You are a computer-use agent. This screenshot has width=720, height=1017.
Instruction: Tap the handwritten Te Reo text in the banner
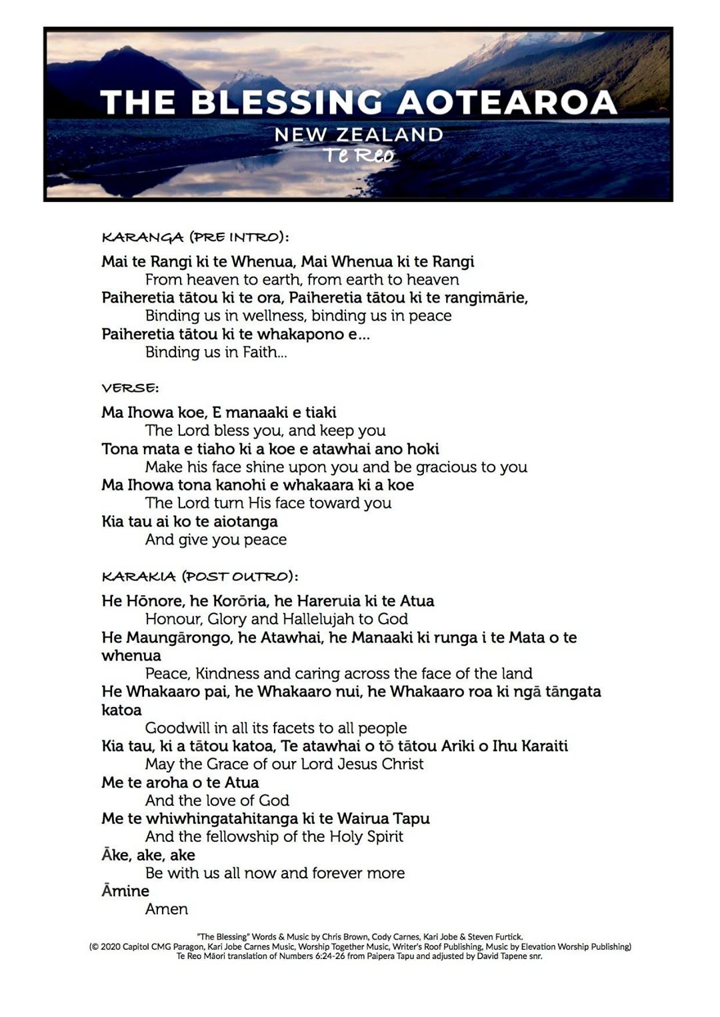pos(359,155)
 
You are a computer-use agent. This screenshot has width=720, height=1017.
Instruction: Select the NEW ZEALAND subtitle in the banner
pos(359,135)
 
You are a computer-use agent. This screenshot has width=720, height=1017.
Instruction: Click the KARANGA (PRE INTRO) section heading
pos(195,237)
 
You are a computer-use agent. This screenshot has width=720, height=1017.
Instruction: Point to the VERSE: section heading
pos(130,388)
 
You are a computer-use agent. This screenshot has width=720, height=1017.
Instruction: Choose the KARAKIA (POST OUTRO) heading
pos(200,576)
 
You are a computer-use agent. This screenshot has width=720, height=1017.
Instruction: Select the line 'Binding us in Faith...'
pos(216,352)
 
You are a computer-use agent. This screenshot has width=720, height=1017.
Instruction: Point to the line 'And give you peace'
pos(216,540)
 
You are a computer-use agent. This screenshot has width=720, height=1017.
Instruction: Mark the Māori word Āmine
pos(125,891)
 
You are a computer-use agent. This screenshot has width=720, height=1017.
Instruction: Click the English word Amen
pos(167,909)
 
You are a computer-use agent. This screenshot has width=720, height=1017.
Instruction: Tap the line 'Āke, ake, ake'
pos(148,855)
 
